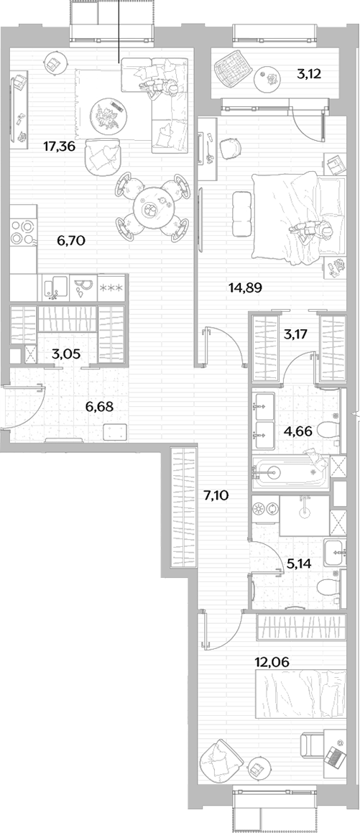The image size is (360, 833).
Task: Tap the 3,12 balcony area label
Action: point(308,74)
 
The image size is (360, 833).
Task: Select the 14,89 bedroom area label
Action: point(246,287)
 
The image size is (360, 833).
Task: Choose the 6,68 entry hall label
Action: point(100,407)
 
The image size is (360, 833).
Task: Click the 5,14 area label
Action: point(298,563)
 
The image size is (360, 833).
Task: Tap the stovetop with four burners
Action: point(23,231)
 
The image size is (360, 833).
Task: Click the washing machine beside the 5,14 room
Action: point(265,508)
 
